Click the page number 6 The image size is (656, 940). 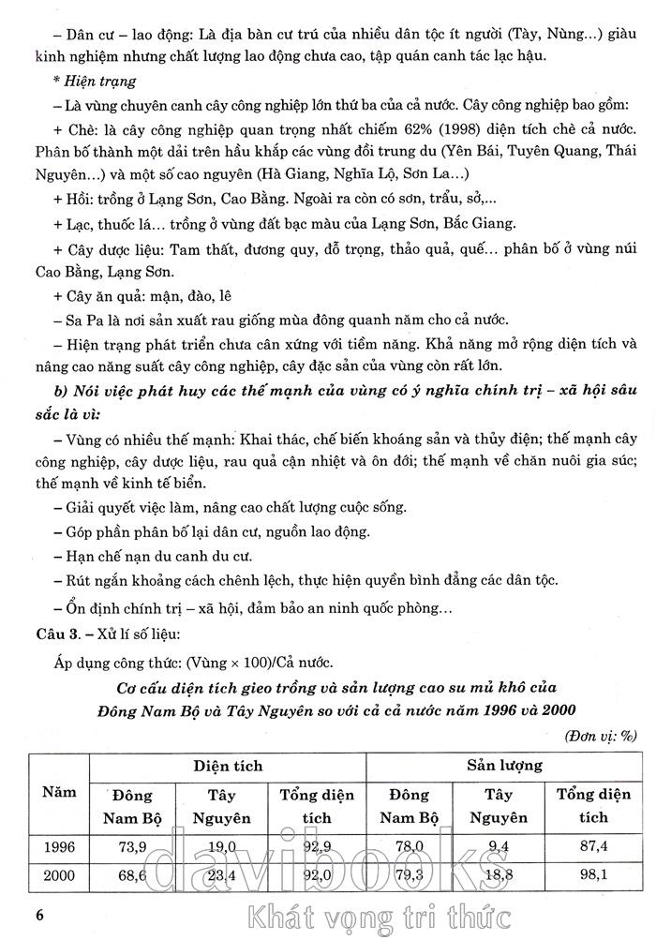click(39, 914)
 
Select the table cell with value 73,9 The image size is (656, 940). click(129, 847)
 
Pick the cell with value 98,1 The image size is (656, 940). click(593, 877)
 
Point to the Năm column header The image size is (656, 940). click(58, 792)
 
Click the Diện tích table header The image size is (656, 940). click(228, 766)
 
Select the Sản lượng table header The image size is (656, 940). click(504, 766)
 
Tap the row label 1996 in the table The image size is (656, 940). click(58, 847)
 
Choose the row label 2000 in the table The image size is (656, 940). click(58, 877)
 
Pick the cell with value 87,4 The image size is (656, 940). click(593, 847)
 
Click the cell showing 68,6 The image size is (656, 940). click(129, 877)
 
